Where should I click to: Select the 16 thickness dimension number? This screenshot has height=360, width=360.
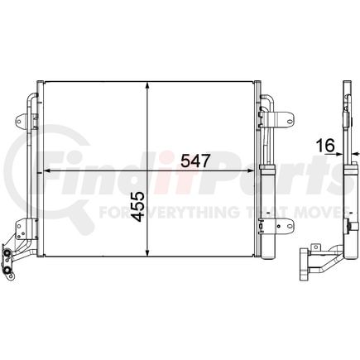coord(326,146)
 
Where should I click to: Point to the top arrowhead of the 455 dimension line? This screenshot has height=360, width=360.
coord(147,85)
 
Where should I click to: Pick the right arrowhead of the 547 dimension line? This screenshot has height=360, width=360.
coord(250,170)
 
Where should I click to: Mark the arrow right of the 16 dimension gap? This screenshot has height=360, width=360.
coord(355,153)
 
